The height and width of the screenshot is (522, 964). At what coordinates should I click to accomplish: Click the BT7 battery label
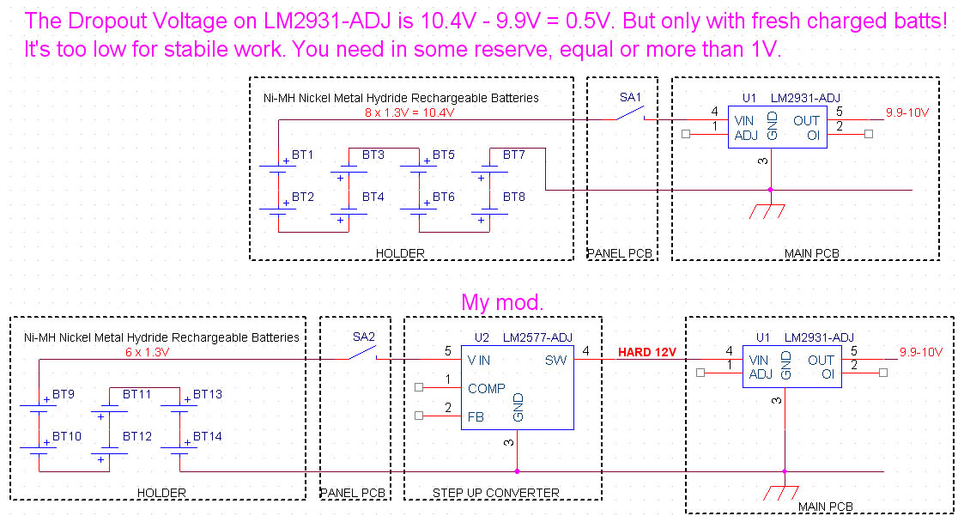514,155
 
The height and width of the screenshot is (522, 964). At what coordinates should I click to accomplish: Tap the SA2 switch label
364,336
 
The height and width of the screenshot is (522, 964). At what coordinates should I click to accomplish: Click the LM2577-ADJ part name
538,337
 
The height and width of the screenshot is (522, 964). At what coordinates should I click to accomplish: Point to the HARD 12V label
647,353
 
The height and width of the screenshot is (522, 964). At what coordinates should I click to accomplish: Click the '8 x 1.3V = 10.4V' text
409,112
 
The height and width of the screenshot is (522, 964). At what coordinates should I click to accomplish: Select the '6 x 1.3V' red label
148,352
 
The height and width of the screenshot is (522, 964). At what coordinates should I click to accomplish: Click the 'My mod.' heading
502,302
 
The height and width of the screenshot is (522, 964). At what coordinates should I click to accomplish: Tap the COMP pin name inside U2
487,389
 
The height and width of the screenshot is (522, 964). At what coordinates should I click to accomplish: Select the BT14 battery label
207,437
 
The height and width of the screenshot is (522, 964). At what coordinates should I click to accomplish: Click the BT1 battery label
303,155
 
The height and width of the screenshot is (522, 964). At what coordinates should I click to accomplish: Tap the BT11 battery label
136,395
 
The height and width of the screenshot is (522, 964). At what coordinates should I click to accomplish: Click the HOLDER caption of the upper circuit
400,253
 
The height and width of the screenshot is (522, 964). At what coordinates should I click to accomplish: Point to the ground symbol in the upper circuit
770,210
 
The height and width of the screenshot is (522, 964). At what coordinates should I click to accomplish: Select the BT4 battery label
373,197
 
